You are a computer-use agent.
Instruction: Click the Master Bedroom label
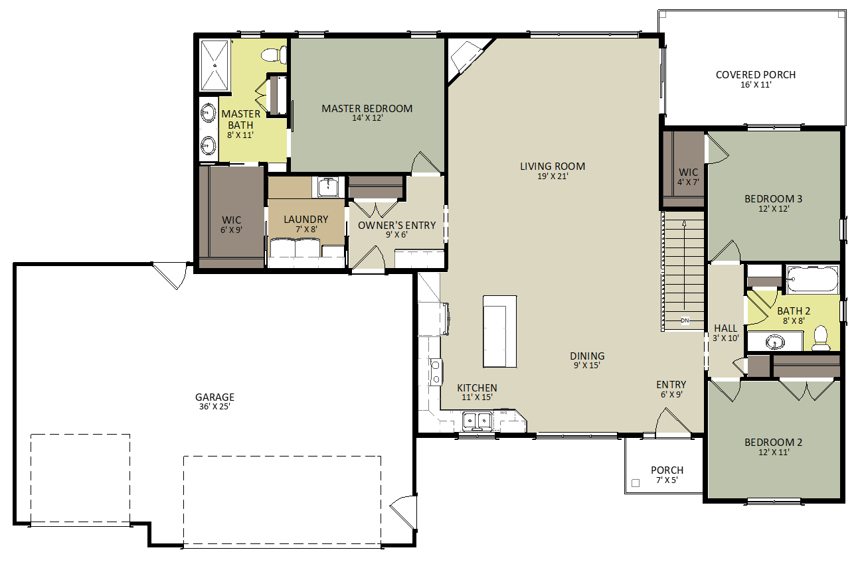367,108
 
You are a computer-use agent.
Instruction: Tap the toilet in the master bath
274,54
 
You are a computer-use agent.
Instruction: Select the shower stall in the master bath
215,65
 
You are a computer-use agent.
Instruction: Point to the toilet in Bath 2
820,338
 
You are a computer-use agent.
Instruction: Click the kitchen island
500,331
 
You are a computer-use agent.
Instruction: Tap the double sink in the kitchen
477,421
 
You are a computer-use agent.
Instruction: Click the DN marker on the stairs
685,320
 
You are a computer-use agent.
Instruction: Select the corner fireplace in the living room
467,60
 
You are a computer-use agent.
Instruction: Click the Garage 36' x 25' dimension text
215,406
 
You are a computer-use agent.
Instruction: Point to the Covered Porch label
755,74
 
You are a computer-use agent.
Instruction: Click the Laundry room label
306,219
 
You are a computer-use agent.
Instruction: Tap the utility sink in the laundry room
328,187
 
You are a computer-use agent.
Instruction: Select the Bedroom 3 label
774,199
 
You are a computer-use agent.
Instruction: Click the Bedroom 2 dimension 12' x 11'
774,452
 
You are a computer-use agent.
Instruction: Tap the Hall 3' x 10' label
726,333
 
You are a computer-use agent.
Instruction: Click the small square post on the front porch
636,483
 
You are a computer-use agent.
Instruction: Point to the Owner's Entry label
396,226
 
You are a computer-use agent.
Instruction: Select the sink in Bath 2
774,342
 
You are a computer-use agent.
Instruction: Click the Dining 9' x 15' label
587,360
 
